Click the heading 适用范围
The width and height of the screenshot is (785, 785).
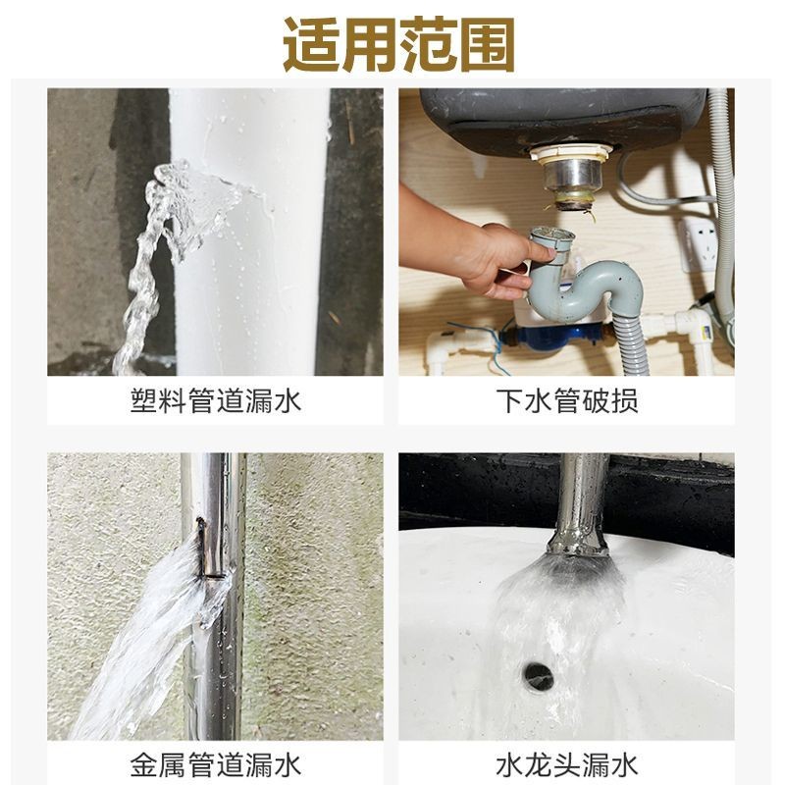click(x=399, y=45)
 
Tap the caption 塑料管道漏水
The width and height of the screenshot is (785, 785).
click(x=215, y=400)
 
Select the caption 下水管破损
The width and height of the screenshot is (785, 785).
click(x=567, y=400)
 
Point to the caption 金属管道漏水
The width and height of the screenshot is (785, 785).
click(x=215, y=765)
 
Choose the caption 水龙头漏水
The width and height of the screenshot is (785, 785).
click(x=567, y=765)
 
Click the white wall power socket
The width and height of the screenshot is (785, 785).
click(x=700, y=244)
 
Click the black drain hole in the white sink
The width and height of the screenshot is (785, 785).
click(x=538, y=673)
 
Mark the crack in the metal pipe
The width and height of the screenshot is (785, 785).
click(x=203, y=549)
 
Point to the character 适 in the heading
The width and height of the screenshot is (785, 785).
click(x=311, y=45)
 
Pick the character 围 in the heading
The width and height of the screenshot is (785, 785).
click(x=487, y=45)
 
